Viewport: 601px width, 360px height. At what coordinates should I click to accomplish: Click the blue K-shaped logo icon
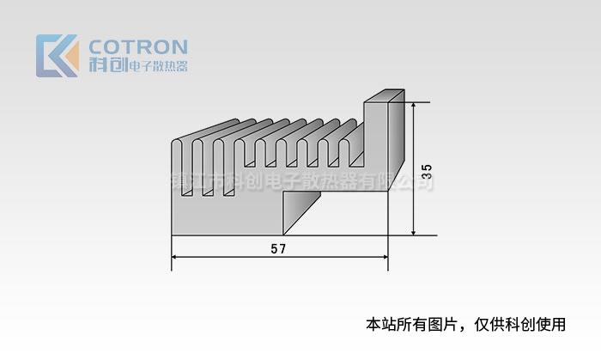click(57, 56)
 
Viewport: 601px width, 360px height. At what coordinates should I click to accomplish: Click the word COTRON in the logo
click(138, 46)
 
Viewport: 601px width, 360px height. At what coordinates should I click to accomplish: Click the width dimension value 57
click(278, 249)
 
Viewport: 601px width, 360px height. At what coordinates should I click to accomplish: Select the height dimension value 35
click(426, 169)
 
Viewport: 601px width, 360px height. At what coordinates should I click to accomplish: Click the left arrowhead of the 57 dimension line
click(175, 257)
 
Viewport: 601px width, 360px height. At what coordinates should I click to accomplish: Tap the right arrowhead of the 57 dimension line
click(385, 257)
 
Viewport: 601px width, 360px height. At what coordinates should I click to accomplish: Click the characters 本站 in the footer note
click(379, 325)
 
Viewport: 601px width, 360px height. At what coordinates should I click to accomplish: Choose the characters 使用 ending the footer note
click(554, 325)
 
